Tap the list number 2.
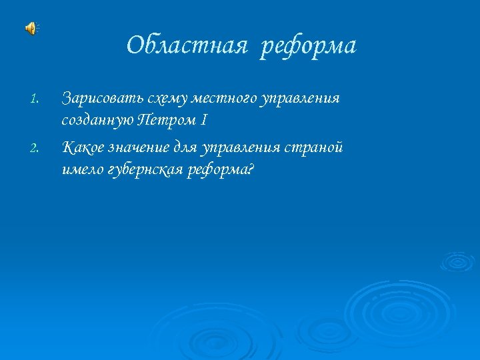point(36,148)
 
